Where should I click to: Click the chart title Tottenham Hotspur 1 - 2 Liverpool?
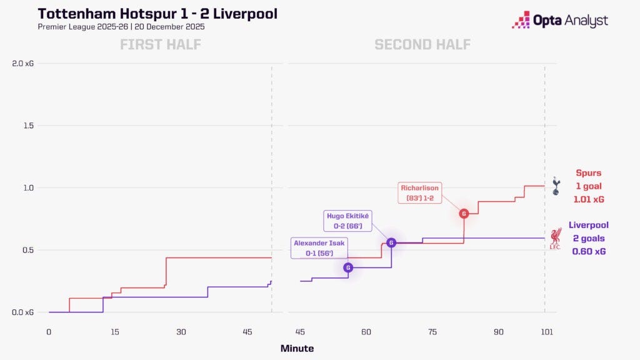(x=157, y=14)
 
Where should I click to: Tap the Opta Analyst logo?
(x=559, y=20)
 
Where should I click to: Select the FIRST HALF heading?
(x=161, y=44)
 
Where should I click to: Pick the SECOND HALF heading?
(x=422, y=44)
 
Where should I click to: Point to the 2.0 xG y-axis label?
(x=23, y=64)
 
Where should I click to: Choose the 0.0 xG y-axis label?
(x=23, y=312)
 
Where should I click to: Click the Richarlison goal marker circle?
(x=464, y=214)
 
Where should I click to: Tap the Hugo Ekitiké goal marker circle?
(x=391, y=242)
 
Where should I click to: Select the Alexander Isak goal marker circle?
(x=348, y=267)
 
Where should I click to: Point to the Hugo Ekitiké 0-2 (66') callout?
(x=348, y=221)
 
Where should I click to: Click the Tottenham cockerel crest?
(x=556, y=186)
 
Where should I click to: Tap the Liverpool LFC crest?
(x=555, y=238)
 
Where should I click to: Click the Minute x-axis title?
(x=297, y=348)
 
